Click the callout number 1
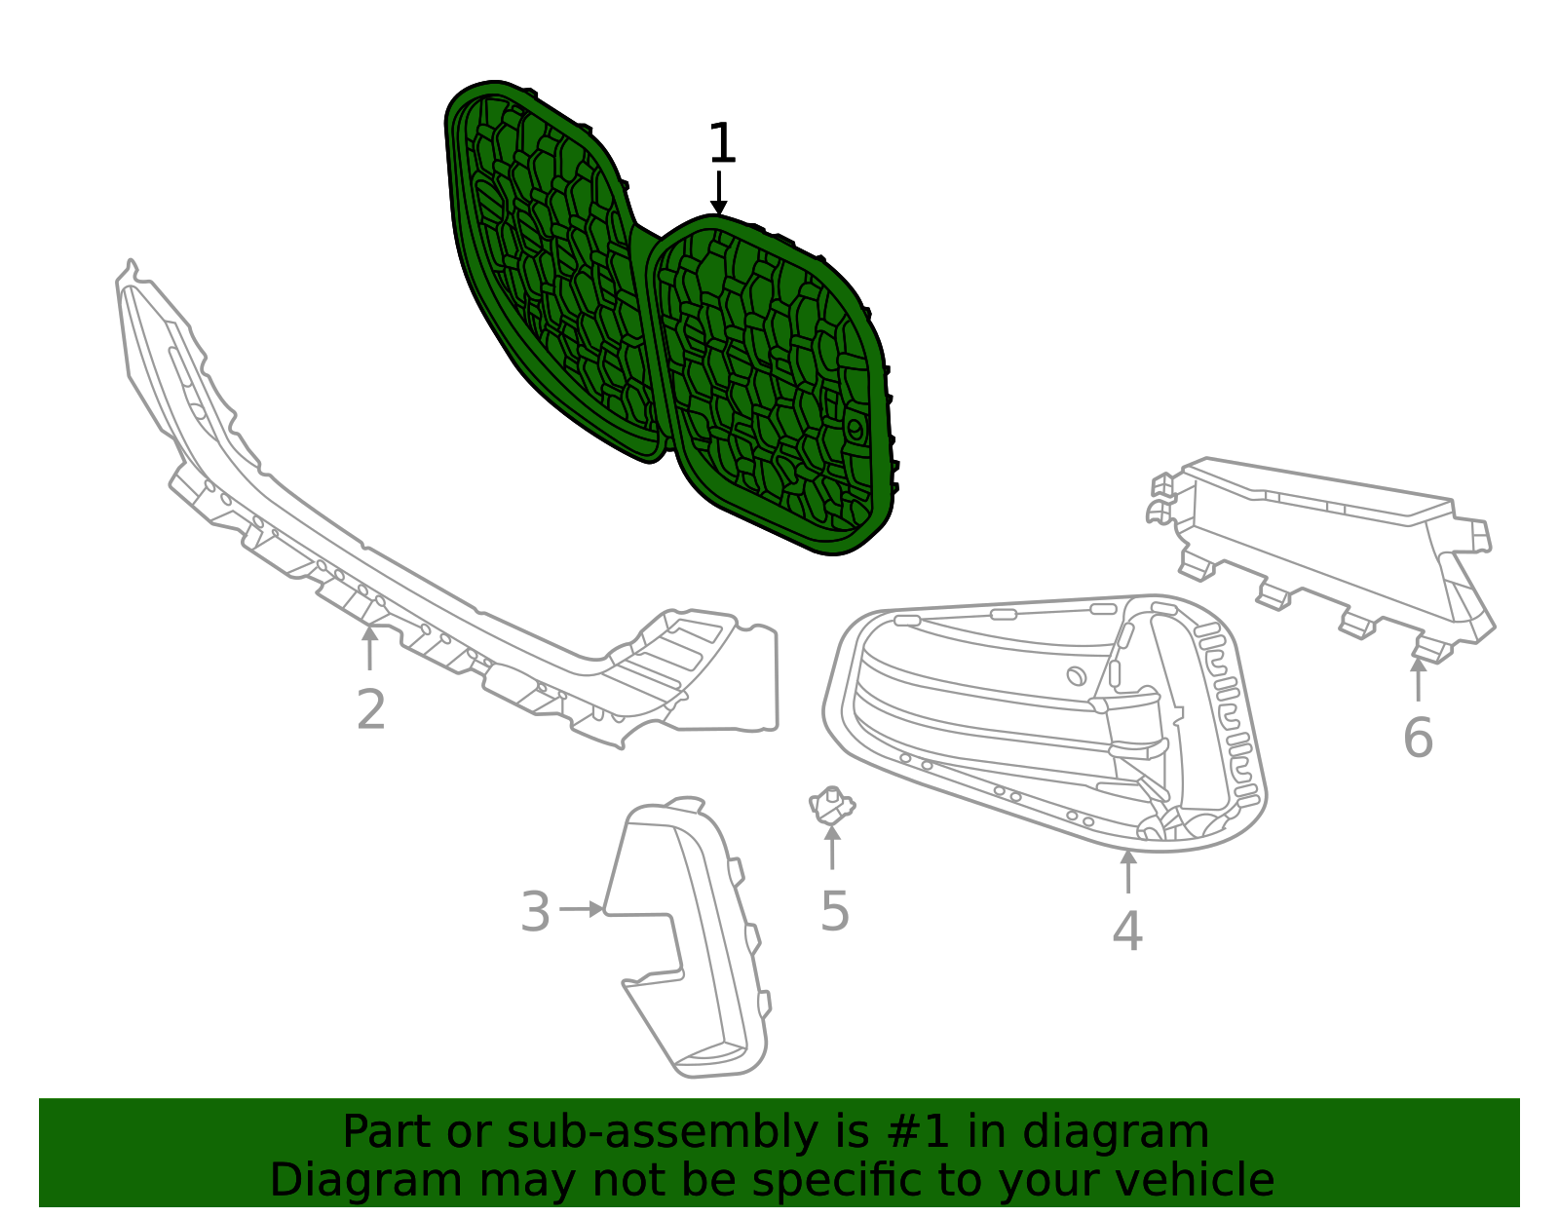(x=721, y=142)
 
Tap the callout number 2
(x=371, y=709)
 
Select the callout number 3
(x=535, y=911)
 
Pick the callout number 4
(x=1127, y=931)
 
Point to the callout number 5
(x=834, y=911)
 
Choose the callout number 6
(x=1418, y=738)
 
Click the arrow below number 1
(x=718, y=192)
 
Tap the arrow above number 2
(x=369, y=648)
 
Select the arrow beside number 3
(x=581, y=909)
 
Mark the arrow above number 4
(x=1128, y=871)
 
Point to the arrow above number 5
(x=832, y=848)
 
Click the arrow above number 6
(x=1419, y=678)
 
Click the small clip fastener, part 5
(x=831, y=805)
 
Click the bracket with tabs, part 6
(x=1320, y=552)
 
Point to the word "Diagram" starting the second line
(x=366, y=1180)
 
